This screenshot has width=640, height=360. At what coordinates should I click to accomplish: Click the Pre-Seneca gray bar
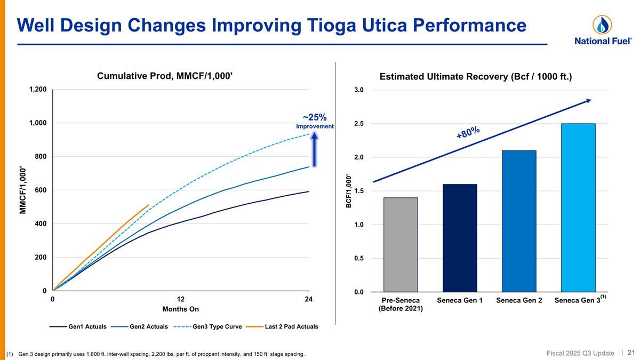400,244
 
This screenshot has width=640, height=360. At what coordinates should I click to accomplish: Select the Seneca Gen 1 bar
459,238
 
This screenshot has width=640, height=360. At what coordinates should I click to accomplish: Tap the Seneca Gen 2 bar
518,221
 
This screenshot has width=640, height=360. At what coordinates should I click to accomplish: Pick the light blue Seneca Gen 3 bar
578,207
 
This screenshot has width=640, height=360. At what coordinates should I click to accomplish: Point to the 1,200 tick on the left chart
38,90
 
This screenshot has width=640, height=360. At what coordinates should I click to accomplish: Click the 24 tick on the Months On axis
308,300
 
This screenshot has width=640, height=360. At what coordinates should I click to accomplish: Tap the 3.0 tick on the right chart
358,90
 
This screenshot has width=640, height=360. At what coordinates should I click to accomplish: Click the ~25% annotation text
315,117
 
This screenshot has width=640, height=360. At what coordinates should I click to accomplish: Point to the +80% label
468,132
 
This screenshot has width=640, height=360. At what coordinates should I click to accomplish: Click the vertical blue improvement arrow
315,150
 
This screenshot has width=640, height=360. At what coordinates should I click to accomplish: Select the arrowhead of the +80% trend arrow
588,100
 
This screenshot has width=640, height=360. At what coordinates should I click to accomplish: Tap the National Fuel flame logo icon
602,25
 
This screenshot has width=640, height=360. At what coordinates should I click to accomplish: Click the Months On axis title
180,309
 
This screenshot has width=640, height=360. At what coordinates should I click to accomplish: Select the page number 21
631,353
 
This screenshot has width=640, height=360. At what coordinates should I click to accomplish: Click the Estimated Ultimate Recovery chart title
475,77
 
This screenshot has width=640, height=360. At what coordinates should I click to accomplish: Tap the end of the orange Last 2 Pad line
149,205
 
